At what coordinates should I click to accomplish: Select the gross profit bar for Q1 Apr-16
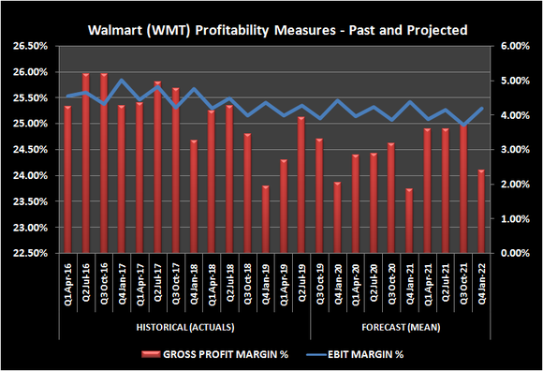pyautogui.click(x=67, y=178)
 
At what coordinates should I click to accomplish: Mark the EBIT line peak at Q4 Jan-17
pyautogui.click(x=120, y=80)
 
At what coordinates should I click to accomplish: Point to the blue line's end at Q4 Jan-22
pyautogui.click(x=481, y=108)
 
